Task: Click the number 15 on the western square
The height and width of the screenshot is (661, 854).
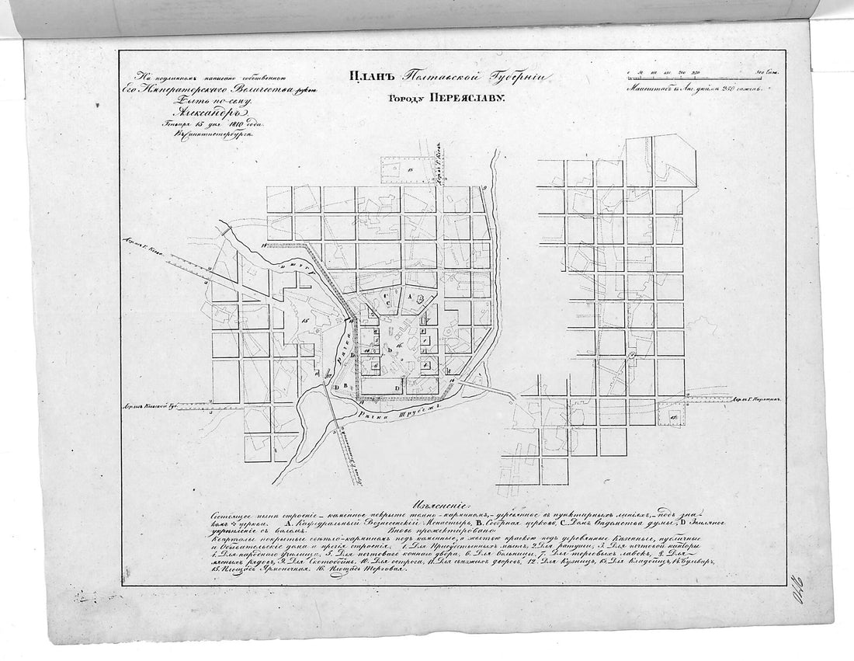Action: [306, 319]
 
